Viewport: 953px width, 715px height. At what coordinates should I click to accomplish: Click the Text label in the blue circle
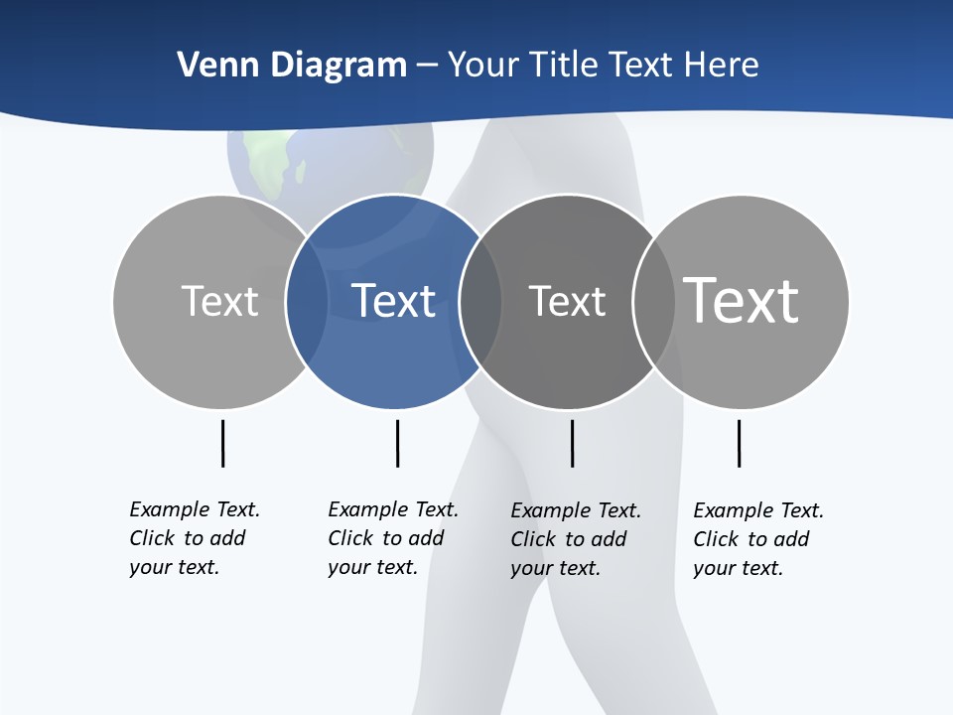tap(393, 301)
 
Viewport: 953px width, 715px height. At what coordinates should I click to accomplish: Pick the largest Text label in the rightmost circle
tap(741, 300)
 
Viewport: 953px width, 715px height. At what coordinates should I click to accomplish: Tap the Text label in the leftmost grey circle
tap(219, 301)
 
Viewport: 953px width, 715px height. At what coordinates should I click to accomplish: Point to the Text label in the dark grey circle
tap(567, 301)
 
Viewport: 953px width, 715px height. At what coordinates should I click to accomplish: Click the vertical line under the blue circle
tap(397, 443)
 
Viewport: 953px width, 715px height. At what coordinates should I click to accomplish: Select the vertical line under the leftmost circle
tap(222, 443)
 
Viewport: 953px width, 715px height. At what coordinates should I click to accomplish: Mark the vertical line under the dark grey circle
tap(572, 443)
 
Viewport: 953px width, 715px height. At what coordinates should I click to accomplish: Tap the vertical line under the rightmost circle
tap(739, 443)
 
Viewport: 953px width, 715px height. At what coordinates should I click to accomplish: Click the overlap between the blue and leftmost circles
tap(307, 301)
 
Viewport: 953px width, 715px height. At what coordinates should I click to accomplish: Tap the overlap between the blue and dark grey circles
tap(480, 301)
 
